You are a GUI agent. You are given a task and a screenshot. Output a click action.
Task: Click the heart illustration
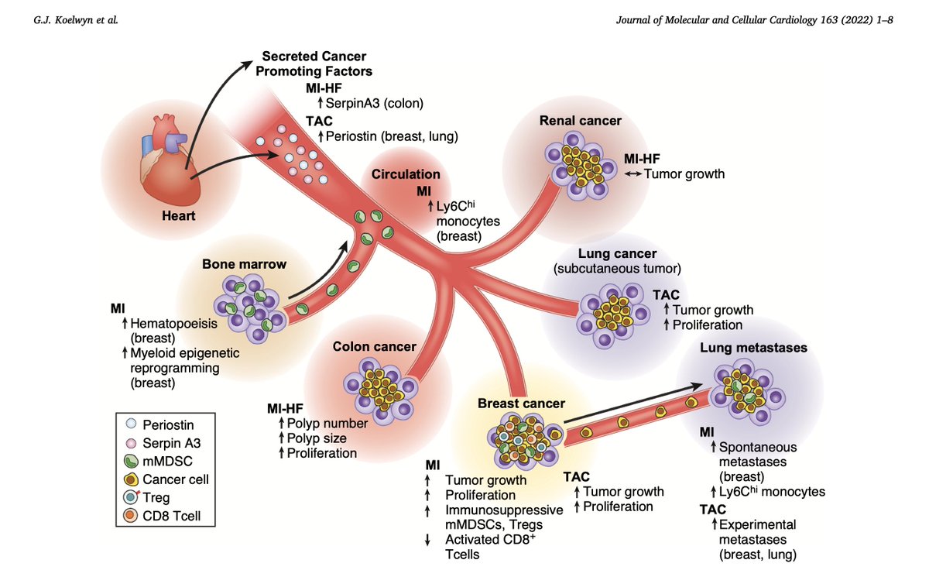(163, 159)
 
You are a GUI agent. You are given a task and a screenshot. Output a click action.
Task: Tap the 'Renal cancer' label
(581, 121)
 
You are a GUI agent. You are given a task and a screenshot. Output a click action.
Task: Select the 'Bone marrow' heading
(244, 264)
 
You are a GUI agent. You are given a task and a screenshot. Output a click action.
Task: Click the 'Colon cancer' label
(374, 346)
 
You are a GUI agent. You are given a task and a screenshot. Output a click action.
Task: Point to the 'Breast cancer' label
(521, 404)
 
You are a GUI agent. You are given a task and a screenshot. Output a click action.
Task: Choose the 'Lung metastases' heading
(753, 348)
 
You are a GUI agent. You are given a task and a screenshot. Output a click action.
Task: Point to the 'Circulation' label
(406, 174)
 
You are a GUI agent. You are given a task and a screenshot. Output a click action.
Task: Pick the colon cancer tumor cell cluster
(375, 393)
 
